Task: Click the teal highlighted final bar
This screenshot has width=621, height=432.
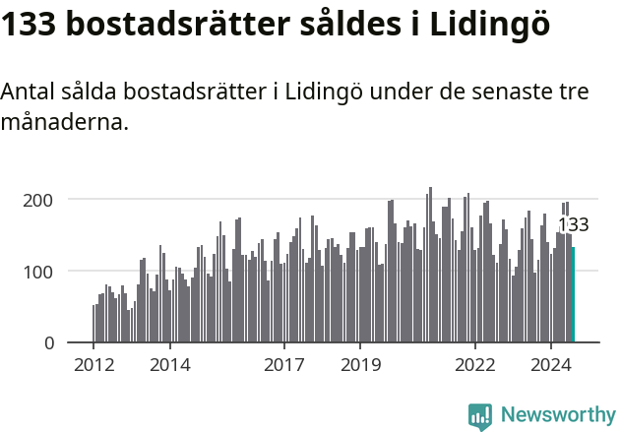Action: [573, 295]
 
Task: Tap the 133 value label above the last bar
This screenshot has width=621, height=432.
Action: [573, 225]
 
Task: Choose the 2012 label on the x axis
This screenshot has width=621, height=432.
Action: [93, 366]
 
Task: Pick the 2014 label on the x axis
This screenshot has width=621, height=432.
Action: [169, 366]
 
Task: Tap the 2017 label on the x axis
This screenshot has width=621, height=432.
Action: [283, 366]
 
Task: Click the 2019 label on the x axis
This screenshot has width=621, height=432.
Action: [360, 366]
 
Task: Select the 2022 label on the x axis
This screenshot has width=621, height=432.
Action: [474, 366]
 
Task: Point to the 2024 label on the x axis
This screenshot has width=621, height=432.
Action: [550, 366]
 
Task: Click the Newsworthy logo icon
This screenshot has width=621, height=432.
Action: [480, 416]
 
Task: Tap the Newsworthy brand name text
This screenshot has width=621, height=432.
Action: [558, 415]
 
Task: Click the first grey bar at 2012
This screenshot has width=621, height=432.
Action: [93, 324]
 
